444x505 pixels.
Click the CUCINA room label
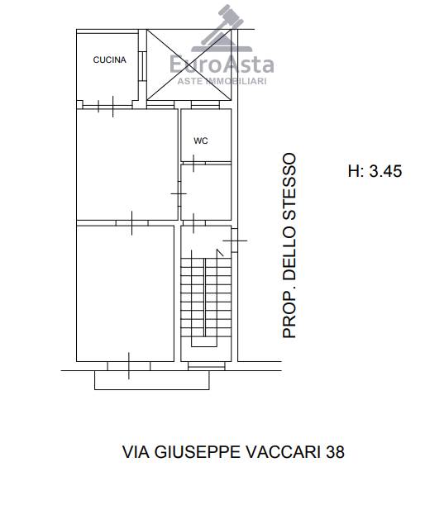[x=109, y=60]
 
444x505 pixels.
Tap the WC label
[x=201, y=141]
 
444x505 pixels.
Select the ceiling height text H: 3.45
[x=375, y=171]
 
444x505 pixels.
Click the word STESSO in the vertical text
[x=289, y=186]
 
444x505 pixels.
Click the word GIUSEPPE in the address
[x=197, y=451]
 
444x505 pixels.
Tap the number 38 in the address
[x=335, y=451]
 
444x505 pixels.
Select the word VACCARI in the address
[x=284, y=451]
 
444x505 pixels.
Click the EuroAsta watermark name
[x=222, y=64]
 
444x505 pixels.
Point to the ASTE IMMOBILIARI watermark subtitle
[x=222, y=81]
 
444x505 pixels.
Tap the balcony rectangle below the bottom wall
[x=152, y=380]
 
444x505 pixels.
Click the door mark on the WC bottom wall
[x=193, y=163]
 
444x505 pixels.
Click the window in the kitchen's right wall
[x=141, y=66]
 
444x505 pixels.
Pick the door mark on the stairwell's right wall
[x=235, y=241]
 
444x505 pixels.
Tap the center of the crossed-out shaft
[x=189, y=64]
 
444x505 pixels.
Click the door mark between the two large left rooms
[x=131, y=223]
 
